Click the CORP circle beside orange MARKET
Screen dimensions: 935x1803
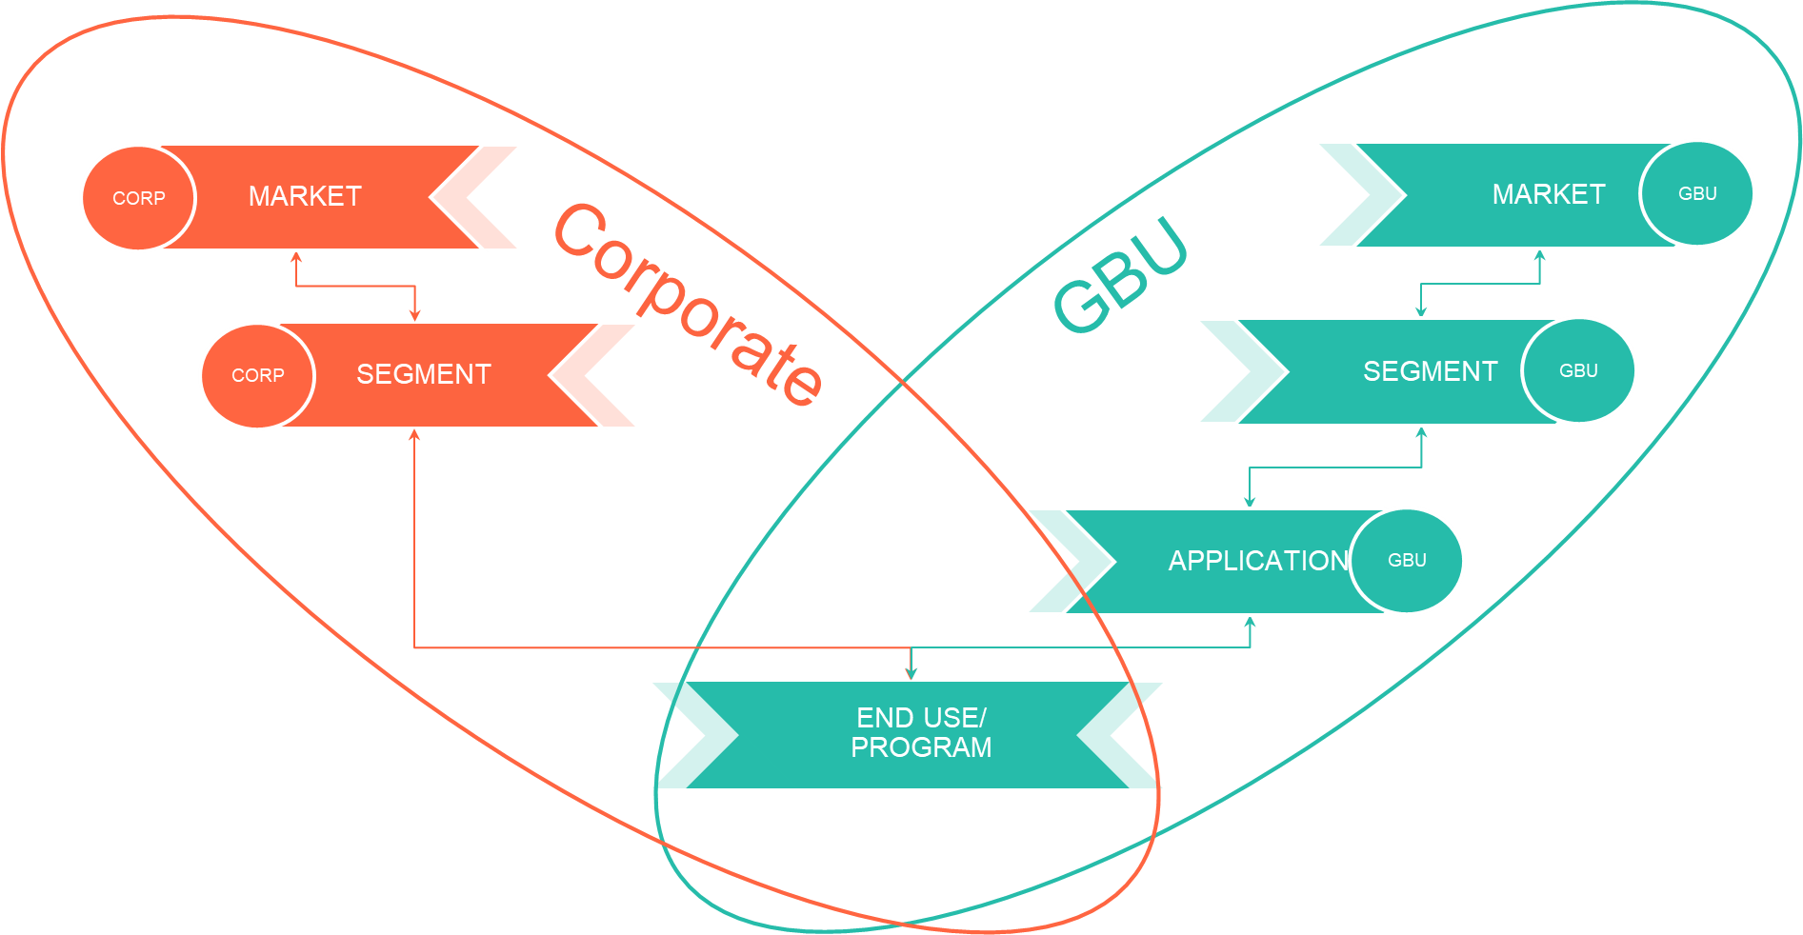139,198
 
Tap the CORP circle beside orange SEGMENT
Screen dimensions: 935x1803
257,375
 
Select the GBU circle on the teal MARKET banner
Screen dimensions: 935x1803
1697,193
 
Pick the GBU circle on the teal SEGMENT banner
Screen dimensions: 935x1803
1578,370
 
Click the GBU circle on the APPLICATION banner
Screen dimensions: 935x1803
1407,560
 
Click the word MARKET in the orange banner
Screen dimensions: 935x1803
305,196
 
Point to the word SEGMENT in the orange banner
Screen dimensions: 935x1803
424,374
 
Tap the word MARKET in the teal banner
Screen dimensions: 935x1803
1549,194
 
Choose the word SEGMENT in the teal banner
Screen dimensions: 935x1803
1430,371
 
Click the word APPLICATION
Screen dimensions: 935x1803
1258,561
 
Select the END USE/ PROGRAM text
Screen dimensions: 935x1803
921,732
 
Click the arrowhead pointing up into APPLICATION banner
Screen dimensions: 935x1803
1251,623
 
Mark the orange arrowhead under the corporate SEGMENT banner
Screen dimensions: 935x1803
414,436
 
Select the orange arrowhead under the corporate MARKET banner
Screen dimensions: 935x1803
296,257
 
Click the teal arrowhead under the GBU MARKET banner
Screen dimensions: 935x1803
1539,255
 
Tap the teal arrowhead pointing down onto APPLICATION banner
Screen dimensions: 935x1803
1250,501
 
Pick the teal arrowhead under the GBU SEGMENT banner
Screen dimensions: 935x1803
1422,433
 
